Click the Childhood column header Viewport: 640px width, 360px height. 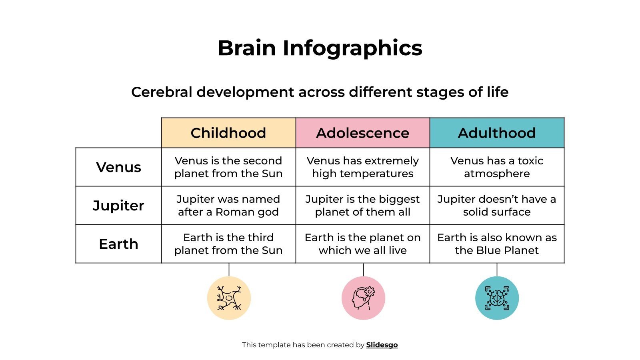click(228, 133)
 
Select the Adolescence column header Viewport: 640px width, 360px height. click(362, 133)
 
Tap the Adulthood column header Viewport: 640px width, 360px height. click(497, 133)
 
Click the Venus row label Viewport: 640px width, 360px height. click(118, 167)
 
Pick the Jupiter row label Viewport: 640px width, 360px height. click(118, 205)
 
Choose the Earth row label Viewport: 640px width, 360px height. click(118, 244)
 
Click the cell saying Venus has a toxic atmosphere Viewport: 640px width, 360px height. click(497, 167)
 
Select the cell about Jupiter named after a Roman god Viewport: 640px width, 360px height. click(228, 205)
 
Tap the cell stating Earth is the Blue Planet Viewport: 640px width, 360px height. click(497, 244)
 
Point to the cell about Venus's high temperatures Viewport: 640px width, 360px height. click(362, 167)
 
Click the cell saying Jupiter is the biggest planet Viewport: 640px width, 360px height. click(362, 205)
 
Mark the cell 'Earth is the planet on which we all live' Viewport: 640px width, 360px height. click(362, 244)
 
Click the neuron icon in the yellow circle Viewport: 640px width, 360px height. click(229, 298)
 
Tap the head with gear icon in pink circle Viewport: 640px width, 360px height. click(363, 298)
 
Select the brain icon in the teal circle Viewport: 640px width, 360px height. click(497, 298)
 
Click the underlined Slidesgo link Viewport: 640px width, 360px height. click(382, 345)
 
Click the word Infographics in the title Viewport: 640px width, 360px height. click(352, 48)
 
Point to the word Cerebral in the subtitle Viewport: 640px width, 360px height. click(162, 92)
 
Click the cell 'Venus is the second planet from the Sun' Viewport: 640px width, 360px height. click(228, 167)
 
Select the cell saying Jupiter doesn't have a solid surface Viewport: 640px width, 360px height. click(497, 205)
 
